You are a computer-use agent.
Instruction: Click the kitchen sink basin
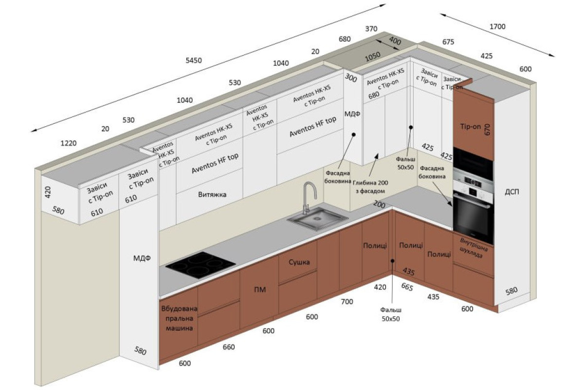point(317,219)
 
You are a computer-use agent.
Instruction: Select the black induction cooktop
point(201,265)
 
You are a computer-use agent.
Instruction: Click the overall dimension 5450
point(194,60)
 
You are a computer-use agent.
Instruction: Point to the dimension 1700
point(497,26)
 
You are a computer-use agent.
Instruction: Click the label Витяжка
point(212,195)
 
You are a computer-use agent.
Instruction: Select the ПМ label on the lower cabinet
point(260,290)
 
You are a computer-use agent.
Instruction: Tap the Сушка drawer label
point(299,262)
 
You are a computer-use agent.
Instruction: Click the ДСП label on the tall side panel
point(512,192)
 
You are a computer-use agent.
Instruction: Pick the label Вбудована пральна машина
point(180,318)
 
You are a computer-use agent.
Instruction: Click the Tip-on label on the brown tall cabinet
point(471,126)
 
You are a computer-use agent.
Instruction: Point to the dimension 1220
point(69,143)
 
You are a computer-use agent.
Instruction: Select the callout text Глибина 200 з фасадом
point(370,187)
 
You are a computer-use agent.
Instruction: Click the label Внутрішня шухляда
point(473,248)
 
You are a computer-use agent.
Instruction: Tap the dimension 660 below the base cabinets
point(229,347)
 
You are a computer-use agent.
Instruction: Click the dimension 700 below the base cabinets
point(347,301)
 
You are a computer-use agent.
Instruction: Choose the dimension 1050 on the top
point(373,57)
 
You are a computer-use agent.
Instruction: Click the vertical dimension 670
point(487,130)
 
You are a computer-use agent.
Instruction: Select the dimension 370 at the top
point(371,29)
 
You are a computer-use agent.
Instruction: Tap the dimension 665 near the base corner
point(407,287)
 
